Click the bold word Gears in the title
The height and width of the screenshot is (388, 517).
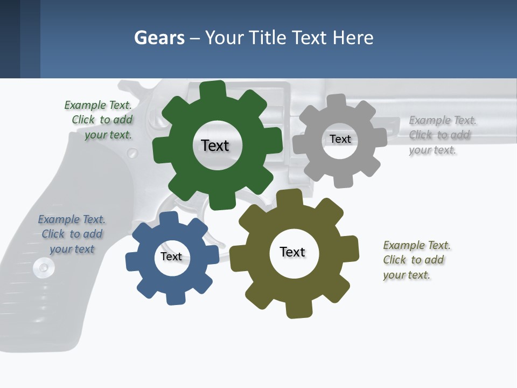pos(159,38)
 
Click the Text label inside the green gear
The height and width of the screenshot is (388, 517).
pos(215,145)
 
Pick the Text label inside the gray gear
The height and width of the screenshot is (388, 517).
pos(340,139)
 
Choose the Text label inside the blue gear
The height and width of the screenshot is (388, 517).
pos(171,257)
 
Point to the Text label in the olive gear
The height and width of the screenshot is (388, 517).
pos(292,252)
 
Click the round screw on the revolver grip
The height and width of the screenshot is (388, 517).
pos(43,267)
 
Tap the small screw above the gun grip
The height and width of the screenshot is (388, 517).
pos(132,154)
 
